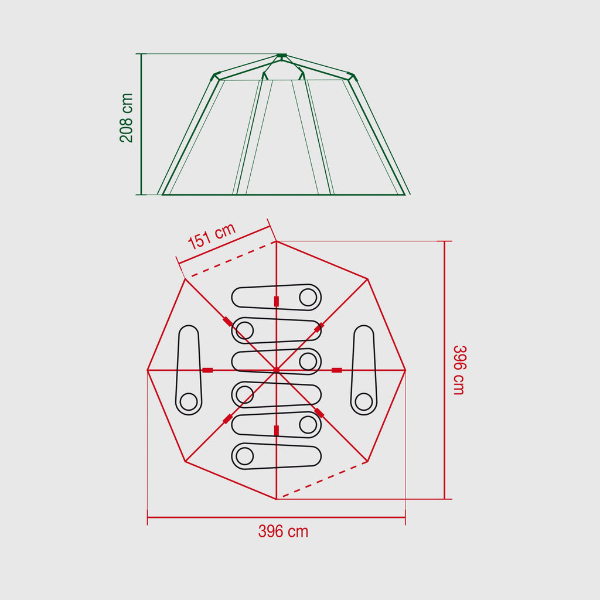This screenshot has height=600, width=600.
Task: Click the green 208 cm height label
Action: click(x=127, y=118)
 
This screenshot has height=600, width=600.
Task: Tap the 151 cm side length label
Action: click(x=212, y=236)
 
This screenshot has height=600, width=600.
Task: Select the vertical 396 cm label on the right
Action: click(x=458, y=370)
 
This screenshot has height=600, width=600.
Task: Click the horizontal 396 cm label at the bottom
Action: click(x=283, y=531)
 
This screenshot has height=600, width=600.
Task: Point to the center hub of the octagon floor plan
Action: click(x=276, y=370)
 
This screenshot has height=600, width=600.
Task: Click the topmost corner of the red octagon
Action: click(x=276, y=241)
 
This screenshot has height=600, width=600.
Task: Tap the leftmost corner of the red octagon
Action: click(x=148, y=370)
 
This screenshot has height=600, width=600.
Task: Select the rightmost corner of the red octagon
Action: click(x=405, y=370)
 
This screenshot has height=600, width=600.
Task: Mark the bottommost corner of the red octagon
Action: click(x=276, y=499)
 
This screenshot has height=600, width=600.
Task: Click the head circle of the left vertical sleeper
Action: click(x=188, y=402)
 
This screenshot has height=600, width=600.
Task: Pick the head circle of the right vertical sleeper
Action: click(x=364, y=402)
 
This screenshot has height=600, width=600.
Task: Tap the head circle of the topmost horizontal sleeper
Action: click(x=308, y=298)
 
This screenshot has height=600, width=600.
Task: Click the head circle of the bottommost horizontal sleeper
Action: click(x=244, y=456)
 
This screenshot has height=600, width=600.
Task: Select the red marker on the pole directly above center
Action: click(x=276, y=301)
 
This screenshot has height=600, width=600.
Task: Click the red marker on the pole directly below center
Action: click(x=276, y=431)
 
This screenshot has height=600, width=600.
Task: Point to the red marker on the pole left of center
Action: click(x=207, y=370)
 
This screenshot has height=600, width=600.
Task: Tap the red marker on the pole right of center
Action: click(x=337, y=370)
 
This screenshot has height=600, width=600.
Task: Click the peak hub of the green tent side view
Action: click(x=281, y=56)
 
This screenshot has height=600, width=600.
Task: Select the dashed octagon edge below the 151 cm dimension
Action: click(x=230, y=259)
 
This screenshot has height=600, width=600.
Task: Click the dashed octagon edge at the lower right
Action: click(x=322, y=480)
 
